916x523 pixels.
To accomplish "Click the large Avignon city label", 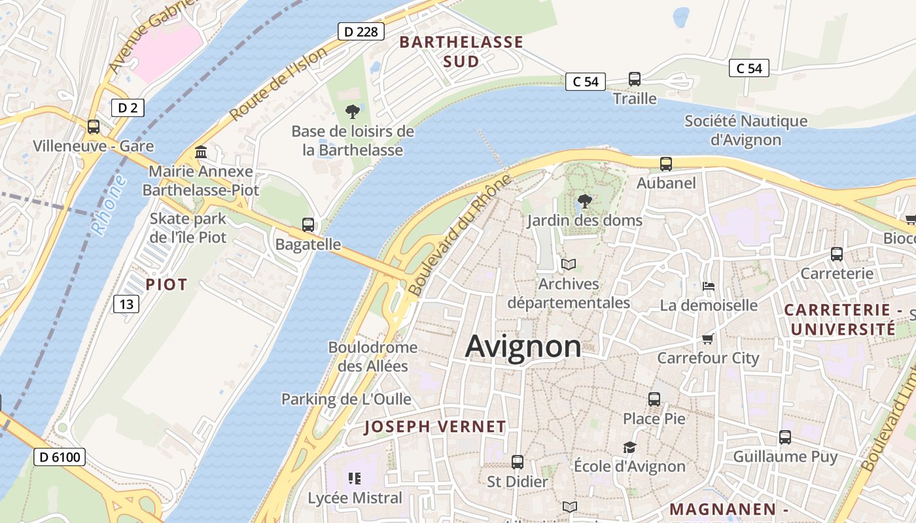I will point(523,346).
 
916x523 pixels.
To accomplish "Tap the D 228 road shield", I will point(361,31).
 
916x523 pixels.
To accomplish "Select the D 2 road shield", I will point(127,108).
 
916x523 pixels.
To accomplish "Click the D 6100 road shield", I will point(60,457).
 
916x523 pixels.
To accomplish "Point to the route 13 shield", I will point(126,303).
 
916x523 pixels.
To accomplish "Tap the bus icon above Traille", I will point(634,79).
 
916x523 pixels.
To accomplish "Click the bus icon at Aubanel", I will point(666,164).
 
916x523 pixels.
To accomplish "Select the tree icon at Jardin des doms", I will point(584,201).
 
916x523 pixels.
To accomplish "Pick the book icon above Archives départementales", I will point(569,265).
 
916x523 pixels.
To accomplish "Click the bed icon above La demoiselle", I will point(708,286).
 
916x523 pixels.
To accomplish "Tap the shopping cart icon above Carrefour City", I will point(707,339).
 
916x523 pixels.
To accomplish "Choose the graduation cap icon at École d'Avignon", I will point(629,447).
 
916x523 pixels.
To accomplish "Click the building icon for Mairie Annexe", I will point(201,152).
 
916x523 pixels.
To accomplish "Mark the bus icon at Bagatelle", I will point(308,225).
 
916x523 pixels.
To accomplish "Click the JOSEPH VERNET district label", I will point(435,427).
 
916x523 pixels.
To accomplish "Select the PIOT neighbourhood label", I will point(166,284).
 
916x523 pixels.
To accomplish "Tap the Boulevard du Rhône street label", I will point(459,235).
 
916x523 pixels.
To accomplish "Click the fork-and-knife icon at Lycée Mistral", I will point(355,479).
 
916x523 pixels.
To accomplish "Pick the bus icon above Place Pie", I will point(654,399).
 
